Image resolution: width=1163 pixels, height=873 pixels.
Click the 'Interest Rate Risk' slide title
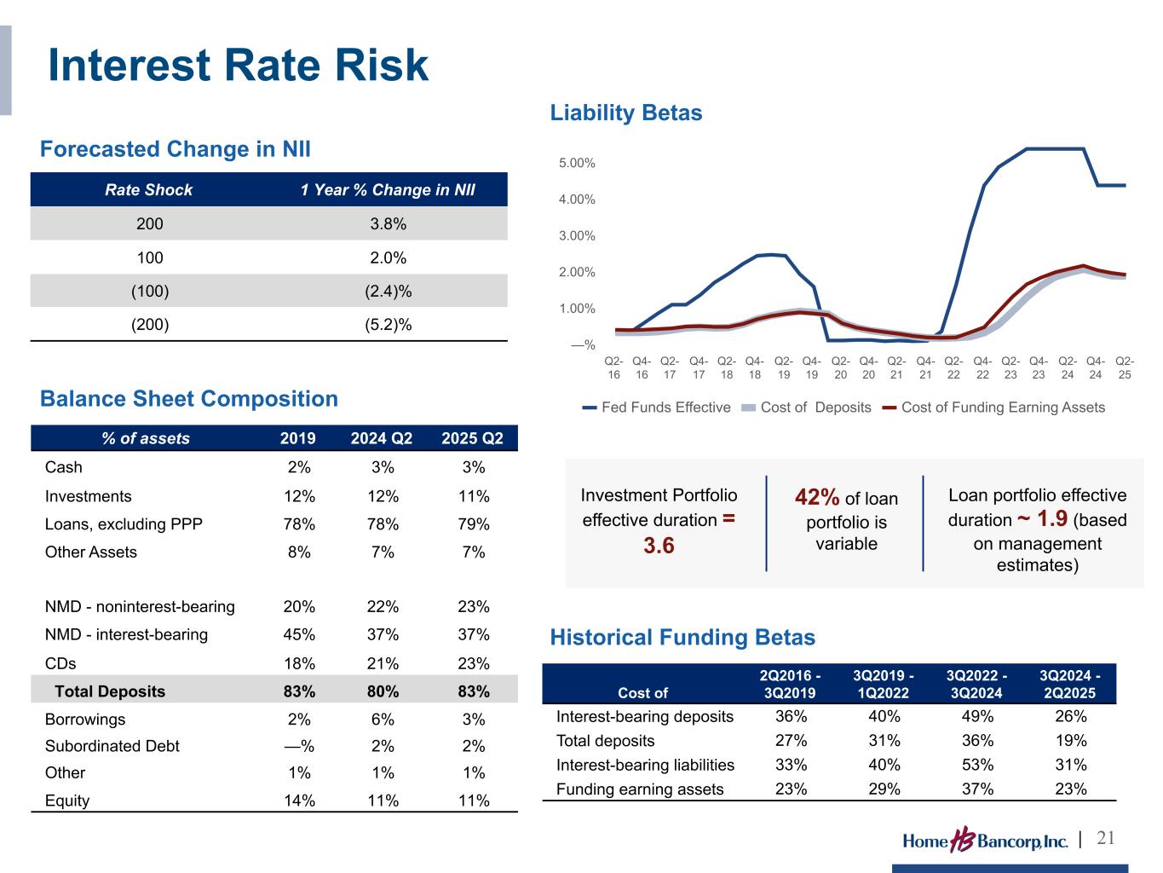click(x=238, y=65)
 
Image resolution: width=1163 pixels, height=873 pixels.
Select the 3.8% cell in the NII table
click(x=388, y=223)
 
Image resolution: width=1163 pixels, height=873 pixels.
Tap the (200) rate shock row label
click(x=150, y=324)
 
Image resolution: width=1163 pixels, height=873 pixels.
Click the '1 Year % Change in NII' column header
click(x=388, y=190)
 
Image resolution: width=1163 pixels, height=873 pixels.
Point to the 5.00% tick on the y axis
click(x=577, y=163)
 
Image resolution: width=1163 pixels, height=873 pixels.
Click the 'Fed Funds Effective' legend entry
click(x=656, y=407)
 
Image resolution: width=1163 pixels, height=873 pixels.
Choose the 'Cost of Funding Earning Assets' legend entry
click(x=993, y=407)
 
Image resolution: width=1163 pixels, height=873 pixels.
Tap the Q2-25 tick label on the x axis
click(x=1125, y=367)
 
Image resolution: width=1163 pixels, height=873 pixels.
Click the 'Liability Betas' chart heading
click(x=625, y=113)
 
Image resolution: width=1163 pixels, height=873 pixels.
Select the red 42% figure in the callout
click(x=816, y=497)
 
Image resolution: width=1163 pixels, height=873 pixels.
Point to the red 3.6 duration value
click(x=659, y=545)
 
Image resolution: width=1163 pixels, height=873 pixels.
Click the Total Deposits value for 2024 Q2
click(x=383, y=691)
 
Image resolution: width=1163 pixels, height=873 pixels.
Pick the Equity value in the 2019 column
click(x=299, y=800)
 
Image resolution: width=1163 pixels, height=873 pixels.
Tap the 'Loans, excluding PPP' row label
click(x=124, y=524)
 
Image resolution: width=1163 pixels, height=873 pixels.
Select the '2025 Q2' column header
click(x=472, y=438)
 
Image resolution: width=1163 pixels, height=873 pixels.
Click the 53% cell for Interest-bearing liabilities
click(x=977, y=765)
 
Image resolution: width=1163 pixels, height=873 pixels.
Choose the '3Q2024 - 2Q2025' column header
click(x=1070, y=684)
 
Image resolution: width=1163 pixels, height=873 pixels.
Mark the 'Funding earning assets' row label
click(x=640, y=789)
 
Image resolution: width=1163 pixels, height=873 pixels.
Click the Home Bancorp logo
click(x=985, y=840)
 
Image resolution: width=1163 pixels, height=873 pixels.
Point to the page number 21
click(x=1105, y=838)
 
